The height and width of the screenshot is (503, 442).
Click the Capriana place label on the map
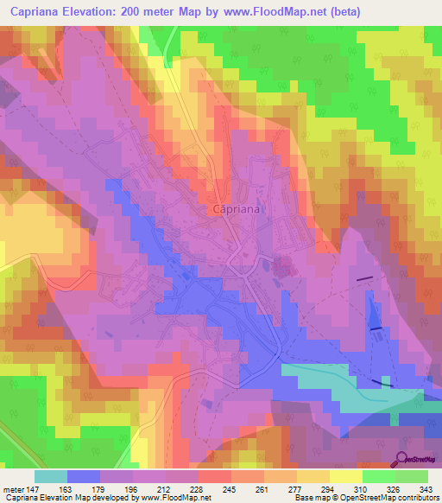(237, 209)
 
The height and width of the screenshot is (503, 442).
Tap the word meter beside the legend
(12, 487)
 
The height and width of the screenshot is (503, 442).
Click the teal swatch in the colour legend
(51, 476)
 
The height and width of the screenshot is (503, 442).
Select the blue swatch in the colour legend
(84, 476)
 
